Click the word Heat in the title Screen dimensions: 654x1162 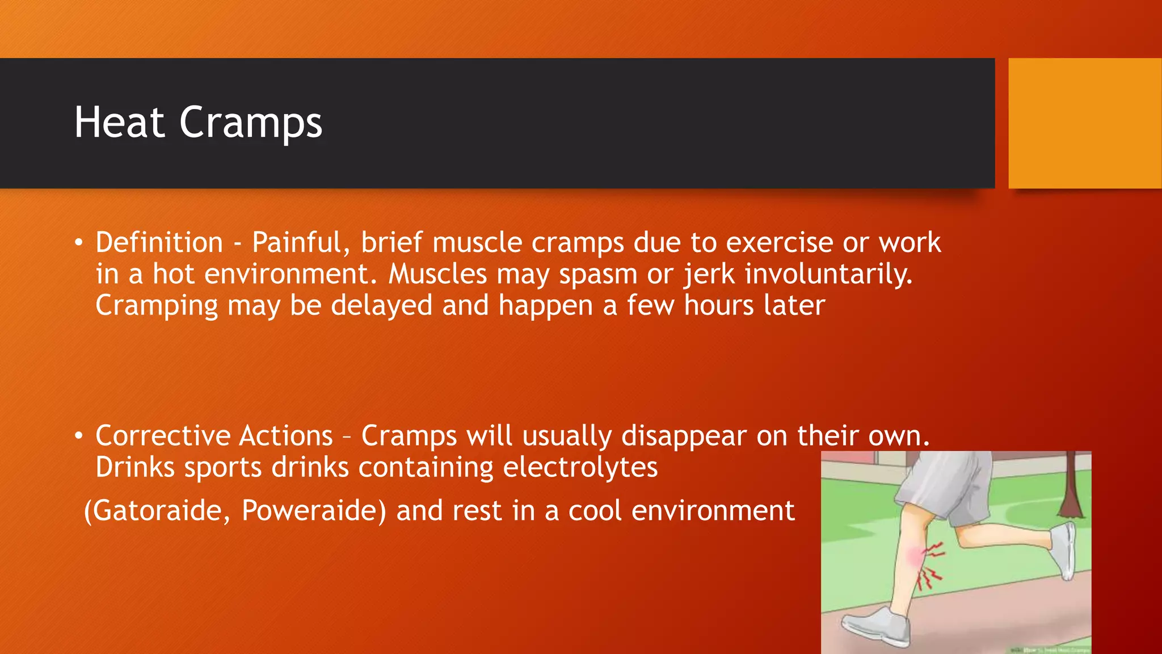119,123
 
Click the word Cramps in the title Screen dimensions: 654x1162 251,123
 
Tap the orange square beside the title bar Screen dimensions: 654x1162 1085,123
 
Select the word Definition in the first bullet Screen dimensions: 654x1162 159,243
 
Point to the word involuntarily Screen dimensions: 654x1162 828,275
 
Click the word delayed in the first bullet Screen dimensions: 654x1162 381,305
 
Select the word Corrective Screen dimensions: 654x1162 163,436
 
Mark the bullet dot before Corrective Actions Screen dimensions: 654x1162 79,437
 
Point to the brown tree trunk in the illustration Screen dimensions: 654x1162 1071,488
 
